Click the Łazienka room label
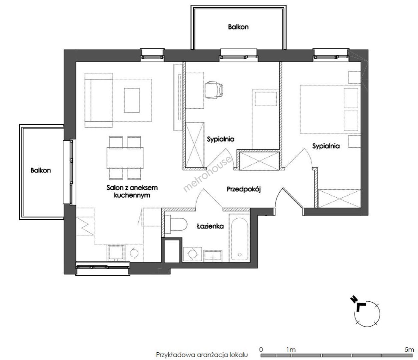[210, 226]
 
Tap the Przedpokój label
[244, 189]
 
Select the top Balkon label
[238, 27]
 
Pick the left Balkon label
[41, 170]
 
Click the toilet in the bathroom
[176, 224]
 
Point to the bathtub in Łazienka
[240, 239]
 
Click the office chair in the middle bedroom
[214, 90]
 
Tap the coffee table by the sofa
[132, 100]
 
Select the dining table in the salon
[125, 158]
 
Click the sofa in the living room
[98, 100]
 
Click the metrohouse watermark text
[207, 174]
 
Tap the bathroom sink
[213, 256]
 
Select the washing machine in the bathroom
[192, 255]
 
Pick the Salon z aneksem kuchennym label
[132, 192]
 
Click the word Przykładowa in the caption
[175, 355]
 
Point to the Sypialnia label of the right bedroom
[326, 146]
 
